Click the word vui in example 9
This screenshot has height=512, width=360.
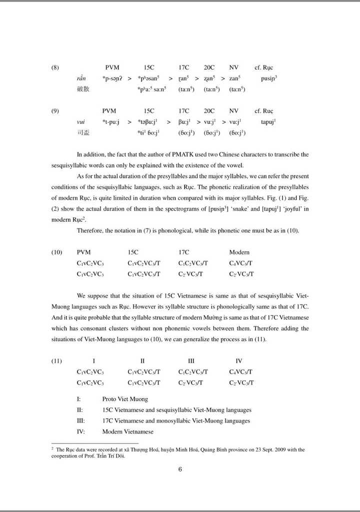80,122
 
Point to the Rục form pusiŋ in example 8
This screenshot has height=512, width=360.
269,78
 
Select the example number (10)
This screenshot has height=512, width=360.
57,252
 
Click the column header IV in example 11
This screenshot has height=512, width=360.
238,361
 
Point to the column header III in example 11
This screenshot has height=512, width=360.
191,361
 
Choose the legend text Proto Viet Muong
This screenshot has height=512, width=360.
125,399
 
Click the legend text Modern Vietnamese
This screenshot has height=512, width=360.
127,432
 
